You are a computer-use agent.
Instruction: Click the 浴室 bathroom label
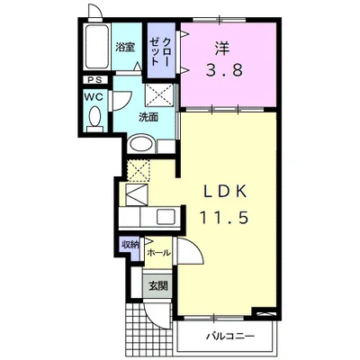pyautogui.click(x=125, y=47)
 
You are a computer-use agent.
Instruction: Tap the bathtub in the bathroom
pyautogui.click(x=96, y=47)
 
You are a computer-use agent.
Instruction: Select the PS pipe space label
pyautogui.click(x=95, y=80)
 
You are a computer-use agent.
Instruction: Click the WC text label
pyautogui.click(x=94, y=97)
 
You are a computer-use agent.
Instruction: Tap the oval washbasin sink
pyautogui.click(x=141, y=145)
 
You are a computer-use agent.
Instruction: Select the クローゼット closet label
pyautogui.click(x=160, y=52)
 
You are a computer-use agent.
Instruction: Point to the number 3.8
pyautogui.click(x=223, y=71)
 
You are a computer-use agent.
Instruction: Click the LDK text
pyautogui.click(x=226, y=192)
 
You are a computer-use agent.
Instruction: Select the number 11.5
pyautogui.click(x=224, y=217)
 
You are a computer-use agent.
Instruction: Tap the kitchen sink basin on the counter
pyautogui.click(x=166, y=216)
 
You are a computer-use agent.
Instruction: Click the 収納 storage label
pyautogui.click(x=130, y=245)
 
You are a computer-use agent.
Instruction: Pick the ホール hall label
pyautogui.click(x=158, y=253)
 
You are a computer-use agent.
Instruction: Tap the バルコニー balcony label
pyautogui.click(x=230, y=336)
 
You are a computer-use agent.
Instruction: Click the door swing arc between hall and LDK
pyautogui.click(x=196, y=245)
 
